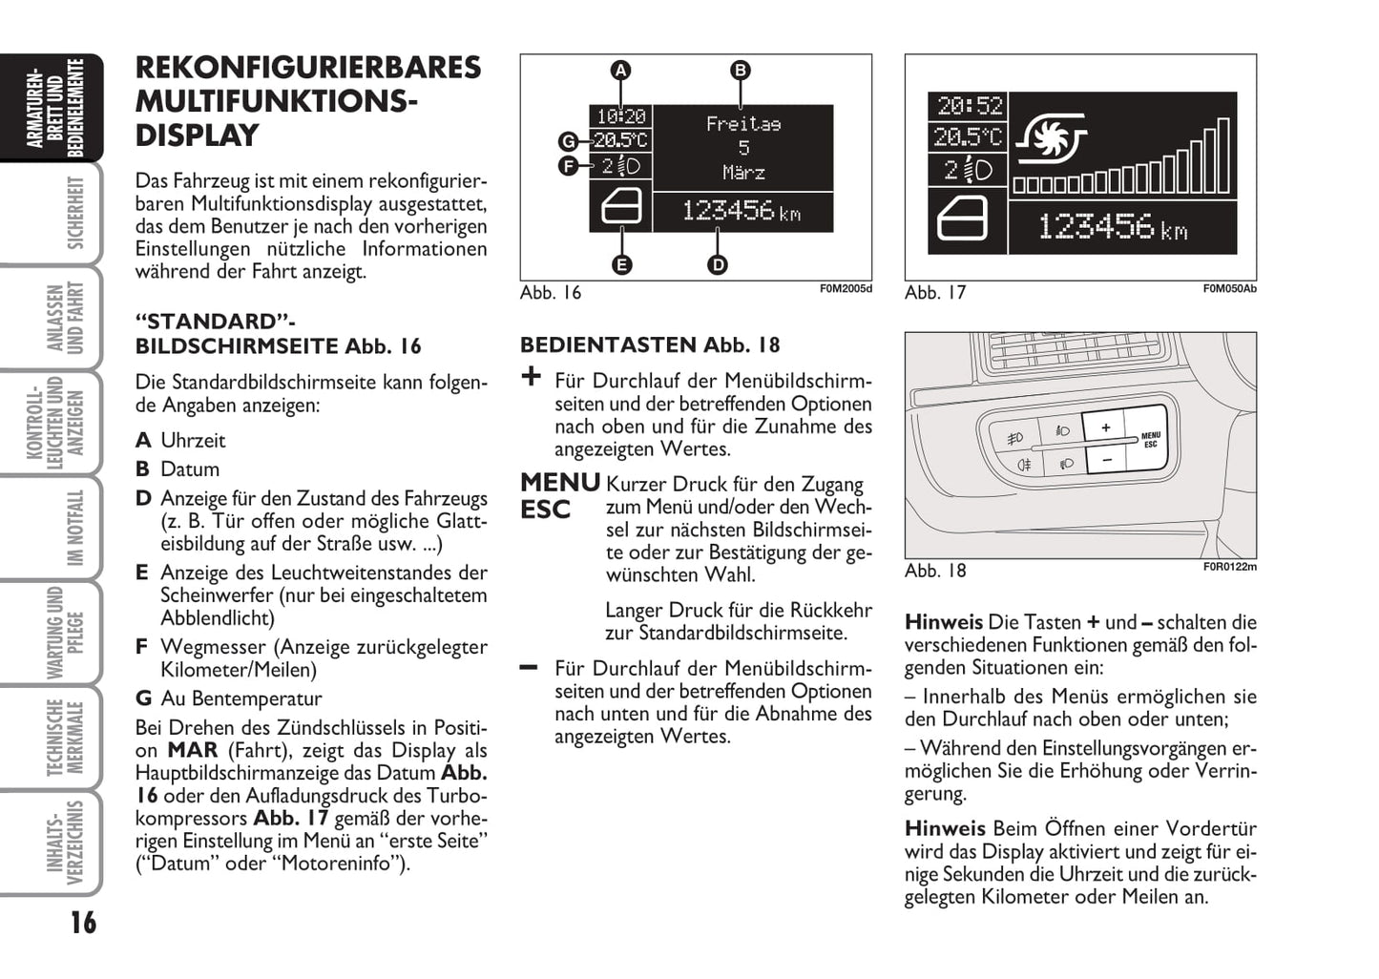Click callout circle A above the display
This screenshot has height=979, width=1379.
pos(621,70)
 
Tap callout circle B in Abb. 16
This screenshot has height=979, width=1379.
pos(741,70)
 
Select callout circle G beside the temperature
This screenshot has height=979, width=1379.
pos(569,142)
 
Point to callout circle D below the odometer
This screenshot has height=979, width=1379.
pos(718,264)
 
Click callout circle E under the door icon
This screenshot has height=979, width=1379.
pos(621,264)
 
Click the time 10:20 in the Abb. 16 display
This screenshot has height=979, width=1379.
pos(620,116)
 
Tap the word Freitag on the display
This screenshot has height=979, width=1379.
pos(743,124)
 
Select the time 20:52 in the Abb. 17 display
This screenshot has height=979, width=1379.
pos(969,106)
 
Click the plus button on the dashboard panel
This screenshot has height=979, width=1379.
pos(1105,427)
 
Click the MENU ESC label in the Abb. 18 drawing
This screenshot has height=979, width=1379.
pos(1151,440)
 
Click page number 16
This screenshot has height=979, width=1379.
pos(83,923)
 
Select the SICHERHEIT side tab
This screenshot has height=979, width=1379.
pos(74,212)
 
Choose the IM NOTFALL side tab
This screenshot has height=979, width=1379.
pos(74,527)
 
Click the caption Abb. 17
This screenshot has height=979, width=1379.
pos(935,293)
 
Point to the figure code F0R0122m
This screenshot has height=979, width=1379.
pos(1229,567)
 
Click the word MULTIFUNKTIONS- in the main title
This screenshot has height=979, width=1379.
pos(277,101)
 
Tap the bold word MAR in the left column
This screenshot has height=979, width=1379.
pos(193,750)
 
